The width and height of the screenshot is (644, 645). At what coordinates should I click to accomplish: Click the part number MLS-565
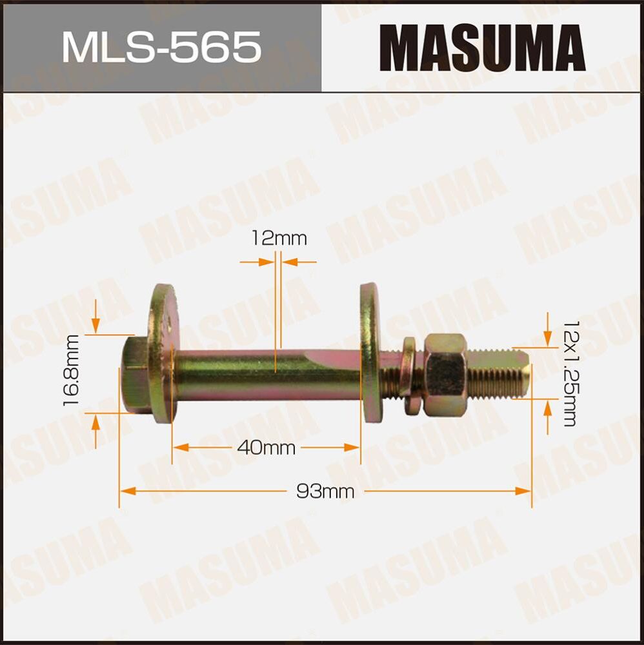click(161, 48)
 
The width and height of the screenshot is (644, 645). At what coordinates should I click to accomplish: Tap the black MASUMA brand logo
click(482, 48)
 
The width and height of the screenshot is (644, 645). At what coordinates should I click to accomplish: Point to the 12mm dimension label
click(279, 239)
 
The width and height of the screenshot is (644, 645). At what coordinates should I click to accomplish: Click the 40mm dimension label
click(266, 448)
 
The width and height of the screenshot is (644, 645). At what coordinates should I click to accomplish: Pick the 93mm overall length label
click(325, 491)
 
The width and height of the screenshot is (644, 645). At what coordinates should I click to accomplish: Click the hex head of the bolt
click(134, 375)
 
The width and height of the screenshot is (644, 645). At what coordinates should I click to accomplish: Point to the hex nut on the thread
click(445, 375)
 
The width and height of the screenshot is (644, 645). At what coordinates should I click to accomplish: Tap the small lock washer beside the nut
click(408, 375)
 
